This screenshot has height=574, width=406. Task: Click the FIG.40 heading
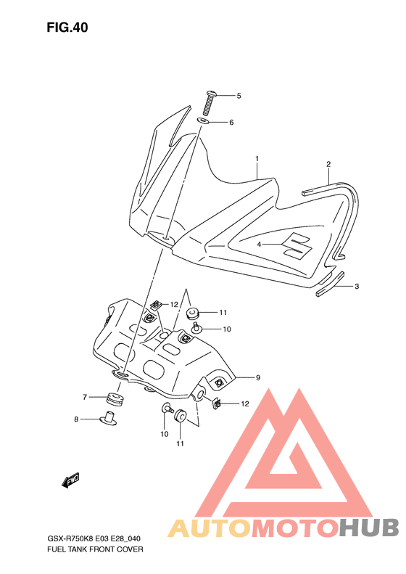[67, 28]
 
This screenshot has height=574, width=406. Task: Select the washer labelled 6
[204, 120]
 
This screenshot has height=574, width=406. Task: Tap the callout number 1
[257, 159]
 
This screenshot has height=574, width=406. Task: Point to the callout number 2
[328, 164]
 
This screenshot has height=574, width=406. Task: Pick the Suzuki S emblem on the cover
[297, 245]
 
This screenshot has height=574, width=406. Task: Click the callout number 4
[259, 244]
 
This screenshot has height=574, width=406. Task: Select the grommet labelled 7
[115, 399]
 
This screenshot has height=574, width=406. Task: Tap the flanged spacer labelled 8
[108, 419]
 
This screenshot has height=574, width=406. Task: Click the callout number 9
[258, 377]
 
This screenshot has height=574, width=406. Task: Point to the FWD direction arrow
[70, 480]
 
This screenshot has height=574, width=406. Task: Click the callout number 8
[76, 419]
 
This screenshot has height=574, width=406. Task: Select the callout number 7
[85, 397]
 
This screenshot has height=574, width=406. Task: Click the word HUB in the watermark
[369, 528]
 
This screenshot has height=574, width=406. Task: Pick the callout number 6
[231, 122]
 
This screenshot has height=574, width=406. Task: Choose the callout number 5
[239, 96]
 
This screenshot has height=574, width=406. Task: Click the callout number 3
[357, 286]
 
